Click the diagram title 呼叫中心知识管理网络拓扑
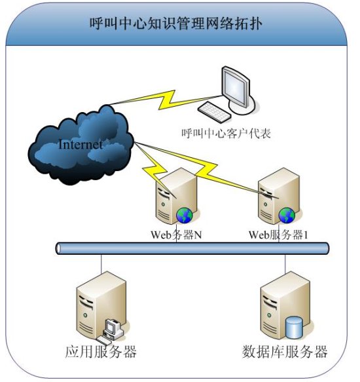point(175,24)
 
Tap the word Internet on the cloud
point(81,144)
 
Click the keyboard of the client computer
point(214,112)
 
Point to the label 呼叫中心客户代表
point(226,133)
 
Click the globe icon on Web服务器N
point(185,216)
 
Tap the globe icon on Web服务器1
point(287,216)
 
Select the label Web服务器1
point(278,235)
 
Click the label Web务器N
point(176,235)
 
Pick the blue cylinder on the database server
point(294,328)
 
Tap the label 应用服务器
point(101,352)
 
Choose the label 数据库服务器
point(285,352)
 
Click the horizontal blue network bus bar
point(192,248)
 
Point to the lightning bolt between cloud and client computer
point(166,100)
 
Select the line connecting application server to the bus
point(101,264)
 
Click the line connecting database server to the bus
point(285,264)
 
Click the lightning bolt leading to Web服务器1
point(207,170)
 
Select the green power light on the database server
point(269,315)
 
